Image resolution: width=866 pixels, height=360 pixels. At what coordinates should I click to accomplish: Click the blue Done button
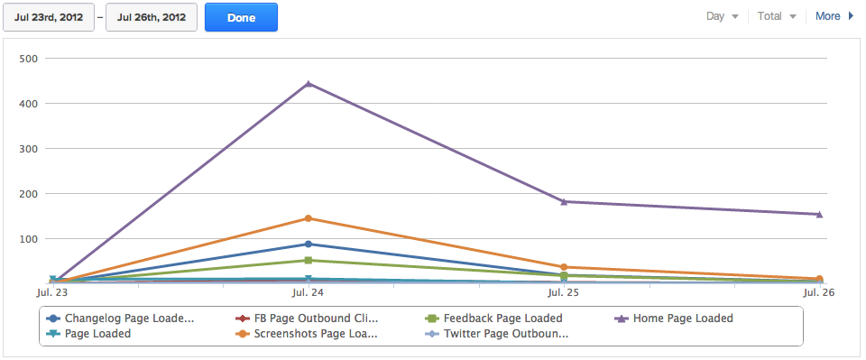[241, 17]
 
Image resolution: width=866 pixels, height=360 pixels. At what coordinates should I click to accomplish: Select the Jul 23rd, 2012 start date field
[49, 17]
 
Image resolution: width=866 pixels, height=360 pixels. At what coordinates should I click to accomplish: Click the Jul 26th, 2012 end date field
[152, 17]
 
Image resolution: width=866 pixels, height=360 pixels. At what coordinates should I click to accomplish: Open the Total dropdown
[777, 16]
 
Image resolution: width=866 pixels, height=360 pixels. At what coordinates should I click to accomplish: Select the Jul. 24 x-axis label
[309, 293]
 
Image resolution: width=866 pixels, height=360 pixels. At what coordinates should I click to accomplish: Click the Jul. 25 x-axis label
[564, 293]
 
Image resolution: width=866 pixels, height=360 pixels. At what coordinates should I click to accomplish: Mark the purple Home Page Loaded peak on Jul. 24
[309, 84]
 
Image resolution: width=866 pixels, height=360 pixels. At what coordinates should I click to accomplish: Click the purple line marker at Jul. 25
[564, 201]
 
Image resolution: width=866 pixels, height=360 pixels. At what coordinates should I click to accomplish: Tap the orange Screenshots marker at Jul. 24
[309, 218]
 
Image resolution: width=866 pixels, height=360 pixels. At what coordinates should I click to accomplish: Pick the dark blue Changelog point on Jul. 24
[309, 245]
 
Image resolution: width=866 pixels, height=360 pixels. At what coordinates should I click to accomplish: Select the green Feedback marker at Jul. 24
[309, 261]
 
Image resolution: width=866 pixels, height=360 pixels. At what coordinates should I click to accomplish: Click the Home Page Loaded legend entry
[682, 318]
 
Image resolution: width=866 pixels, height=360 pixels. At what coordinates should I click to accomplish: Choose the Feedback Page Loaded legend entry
[502, 318]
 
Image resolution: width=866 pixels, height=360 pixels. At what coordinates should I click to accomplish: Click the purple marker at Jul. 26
[819, 214]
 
